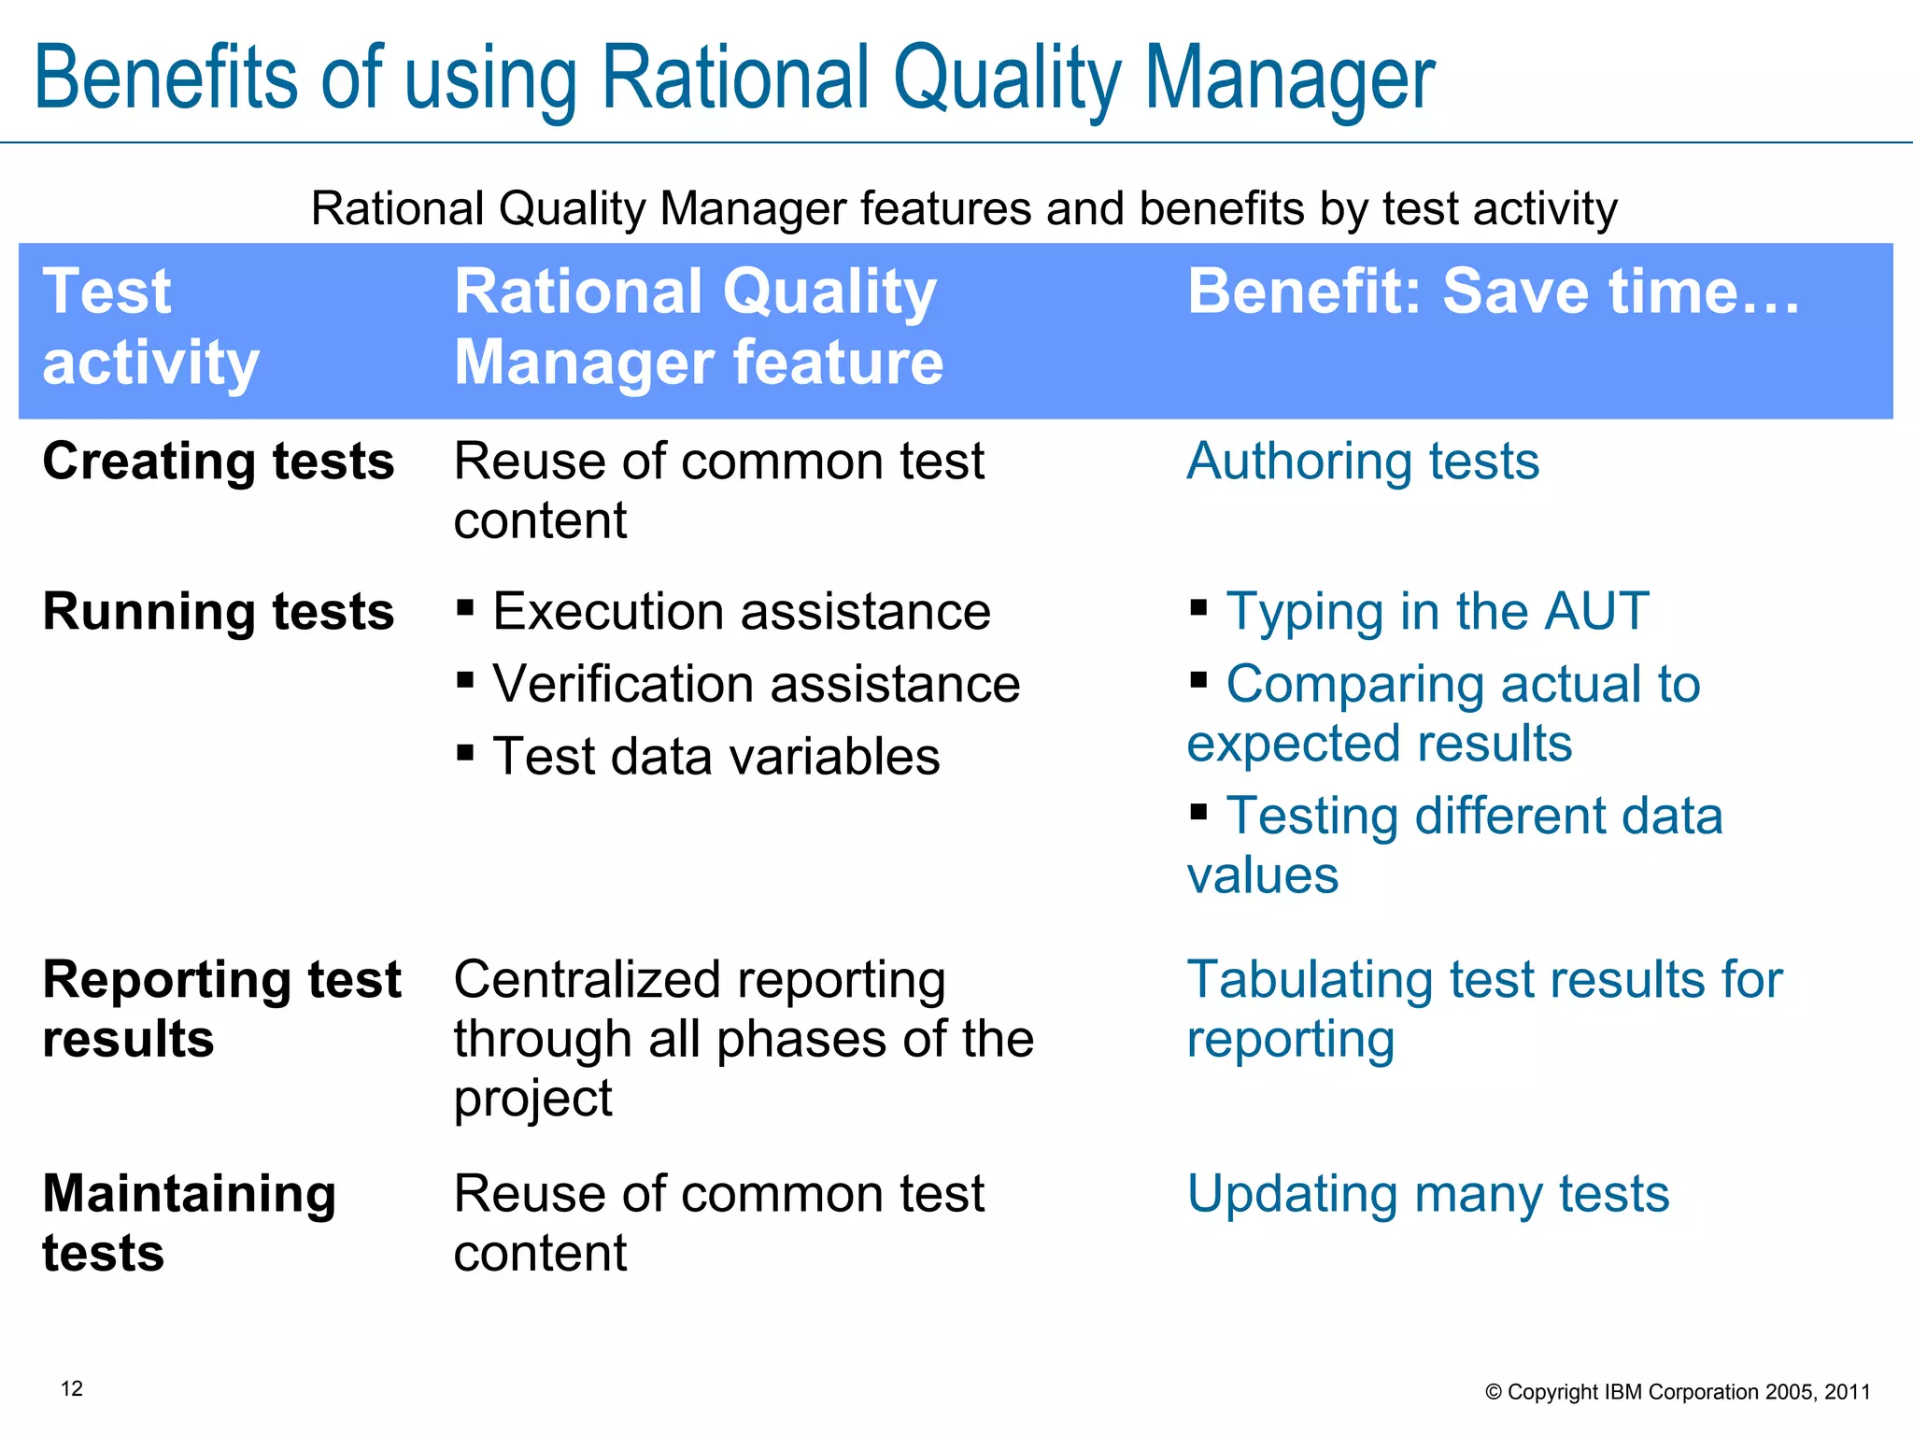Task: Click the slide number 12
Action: [x=72, y=1388]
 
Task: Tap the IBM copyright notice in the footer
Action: [x=1678, y=1392]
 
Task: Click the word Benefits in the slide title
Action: [x=164, y=78]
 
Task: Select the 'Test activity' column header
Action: [x=149, y=326]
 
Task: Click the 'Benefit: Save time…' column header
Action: [x=1493, y=291]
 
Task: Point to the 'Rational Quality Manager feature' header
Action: [x=698, y=326]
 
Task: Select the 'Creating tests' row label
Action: [x=219, y=462]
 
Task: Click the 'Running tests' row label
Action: [x=219, y=612]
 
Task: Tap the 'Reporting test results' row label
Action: [x=221, y=1009]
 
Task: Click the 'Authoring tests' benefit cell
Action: [x=1363, y=462]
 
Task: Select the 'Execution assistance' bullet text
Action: [x=741, y=612]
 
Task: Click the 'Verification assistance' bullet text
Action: [x=756, y=684]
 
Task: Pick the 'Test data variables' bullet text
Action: [x=716, y=757]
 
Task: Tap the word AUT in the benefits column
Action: [x=1596, y=612]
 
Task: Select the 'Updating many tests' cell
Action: [x=1427, y=1194]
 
